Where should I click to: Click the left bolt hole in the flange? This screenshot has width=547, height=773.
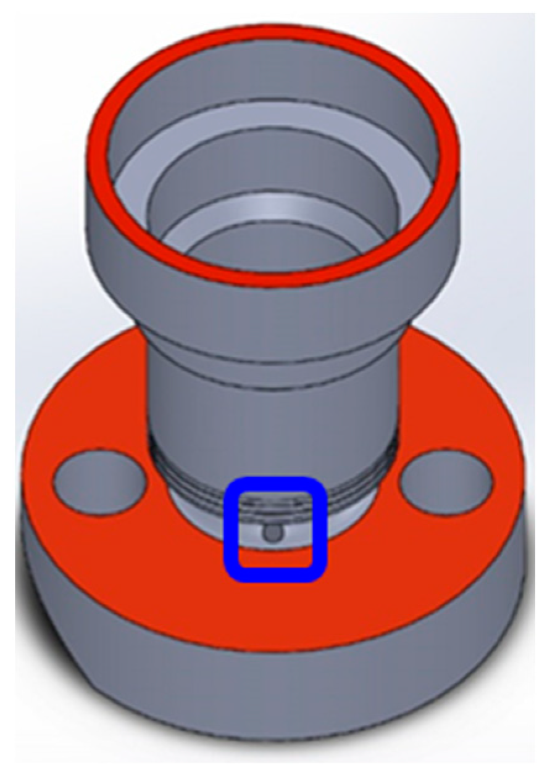point(100,483)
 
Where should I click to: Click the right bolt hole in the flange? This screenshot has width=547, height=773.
point(446,482)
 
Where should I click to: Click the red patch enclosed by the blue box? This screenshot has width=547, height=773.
point(275,555)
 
